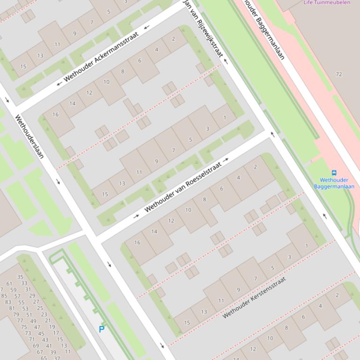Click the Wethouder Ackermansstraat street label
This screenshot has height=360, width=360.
point(101,58)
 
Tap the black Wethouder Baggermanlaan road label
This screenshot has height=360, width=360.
point(265,30)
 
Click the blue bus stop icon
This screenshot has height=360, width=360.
point(334,173)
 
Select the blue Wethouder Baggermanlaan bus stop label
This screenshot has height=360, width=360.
point(334,183)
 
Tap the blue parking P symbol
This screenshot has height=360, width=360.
point(102,329)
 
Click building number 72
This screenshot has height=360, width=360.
point(339,74)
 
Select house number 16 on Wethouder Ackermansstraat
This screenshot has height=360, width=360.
point(56,115)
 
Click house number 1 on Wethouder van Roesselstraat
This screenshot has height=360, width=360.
point(224,117)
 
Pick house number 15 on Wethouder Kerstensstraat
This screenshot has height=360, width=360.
point(187,323)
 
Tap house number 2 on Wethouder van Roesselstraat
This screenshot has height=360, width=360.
point(255,166)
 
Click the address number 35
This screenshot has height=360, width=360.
point(20,277)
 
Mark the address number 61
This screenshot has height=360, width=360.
point(9,283)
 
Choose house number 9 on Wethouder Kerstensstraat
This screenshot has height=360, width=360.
point(238,290)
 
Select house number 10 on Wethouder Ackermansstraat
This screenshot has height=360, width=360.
point(106,82)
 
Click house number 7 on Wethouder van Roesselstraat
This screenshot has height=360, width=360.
point(173,150)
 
